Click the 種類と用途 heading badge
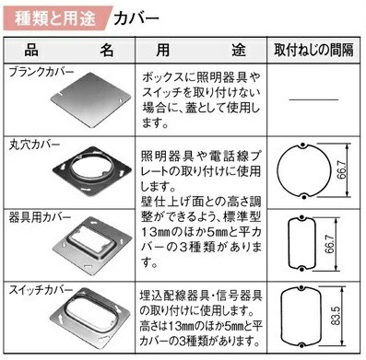click(54, 17)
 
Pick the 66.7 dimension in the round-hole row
click(342, 172)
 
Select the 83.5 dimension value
click(342, 316)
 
